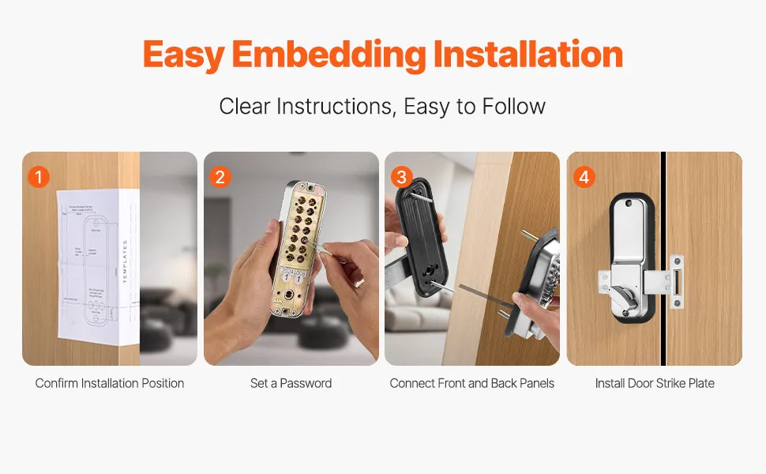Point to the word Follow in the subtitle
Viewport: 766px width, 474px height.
pos(509,106)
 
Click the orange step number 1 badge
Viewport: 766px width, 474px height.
pos(39,176)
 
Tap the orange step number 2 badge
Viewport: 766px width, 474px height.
pos(220,176)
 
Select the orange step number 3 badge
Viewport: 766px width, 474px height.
pos(402,176)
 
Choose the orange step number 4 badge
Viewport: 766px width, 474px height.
pos(584,176)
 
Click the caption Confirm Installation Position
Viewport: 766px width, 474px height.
pos(110,383)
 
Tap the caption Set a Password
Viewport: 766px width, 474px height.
pos(291,383)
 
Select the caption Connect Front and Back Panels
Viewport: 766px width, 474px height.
pos(472,383)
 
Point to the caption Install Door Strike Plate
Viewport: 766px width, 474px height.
pos(655,383)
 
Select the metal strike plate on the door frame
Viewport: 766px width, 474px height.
pos(676,281)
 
